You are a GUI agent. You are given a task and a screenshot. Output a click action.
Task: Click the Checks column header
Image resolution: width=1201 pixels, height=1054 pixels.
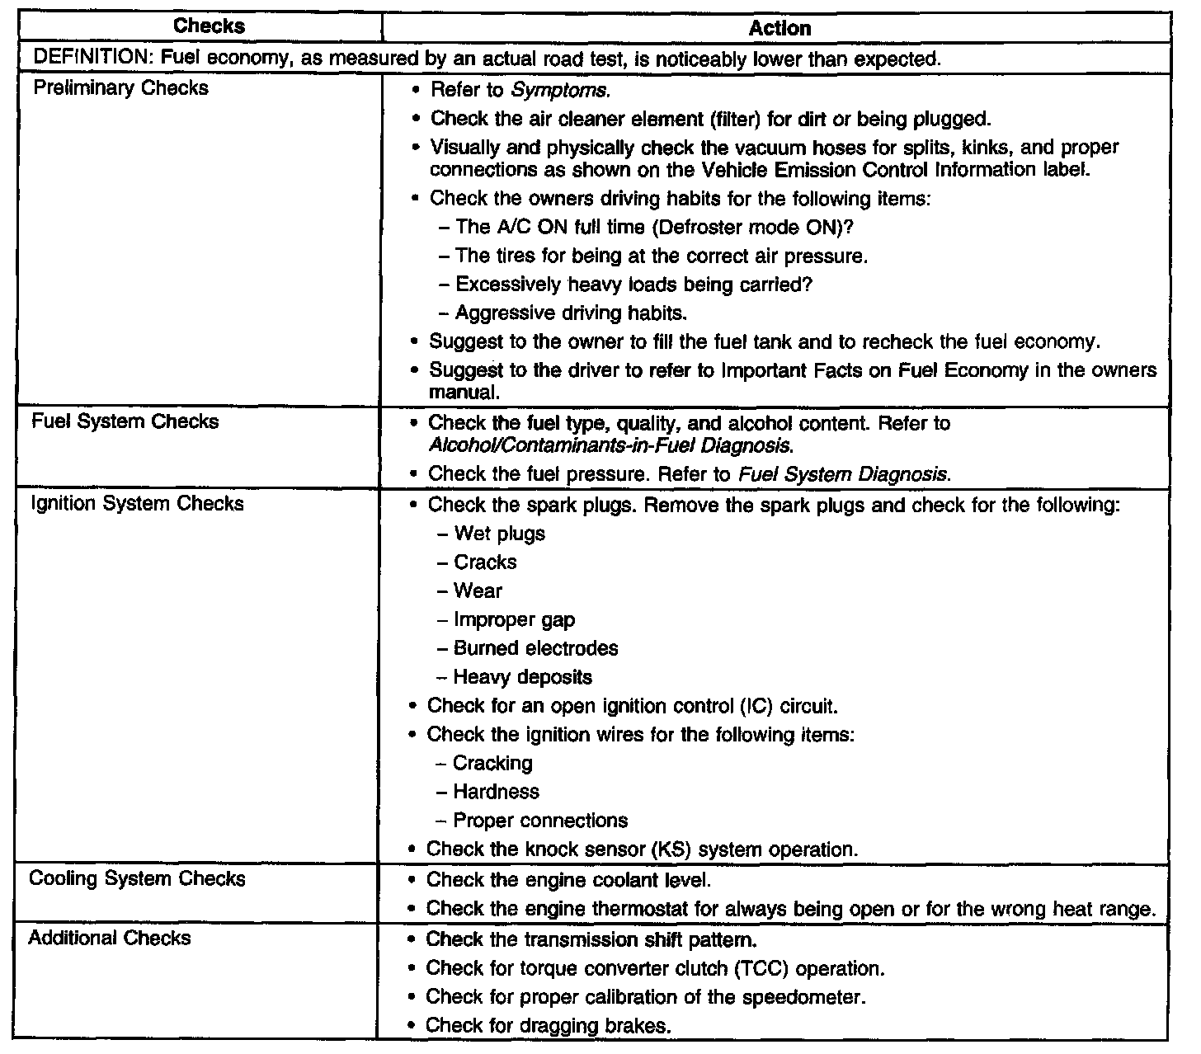pos(210,26)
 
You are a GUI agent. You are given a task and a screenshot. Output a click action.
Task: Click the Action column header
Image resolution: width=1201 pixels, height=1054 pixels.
pos(779,28)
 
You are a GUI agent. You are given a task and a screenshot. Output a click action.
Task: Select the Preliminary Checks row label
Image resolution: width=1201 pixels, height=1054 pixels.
pos(120,88)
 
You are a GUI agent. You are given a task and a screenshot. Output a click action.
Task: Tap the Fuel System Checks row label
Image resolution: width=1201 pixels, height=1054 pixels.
pos(125,421)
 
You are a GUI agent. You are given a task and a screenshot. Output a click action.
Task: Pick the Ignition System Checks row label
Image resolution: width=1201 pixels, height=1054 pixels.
pos(137,503)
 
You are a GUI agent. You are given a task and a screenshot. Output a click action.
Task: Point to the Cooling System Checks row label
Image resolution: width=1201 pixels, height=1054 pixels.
pos(137,878)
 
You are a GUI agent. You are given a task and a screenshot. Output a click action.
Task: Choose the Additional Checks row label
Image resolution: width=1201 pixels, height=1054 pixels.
pos(110,938)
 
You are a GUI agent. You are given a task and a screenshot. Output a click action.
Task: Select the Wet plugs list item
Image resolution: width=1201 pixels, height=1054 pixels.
pos(499,534)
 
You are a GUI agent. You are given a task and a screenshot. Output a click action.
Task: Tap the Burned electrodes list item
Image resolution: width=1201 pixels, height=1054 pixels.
pos(535,648)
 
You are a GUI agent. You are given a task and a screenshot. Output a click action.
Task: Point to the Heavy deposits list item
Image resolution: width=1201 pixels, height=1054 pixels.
pos(522,677)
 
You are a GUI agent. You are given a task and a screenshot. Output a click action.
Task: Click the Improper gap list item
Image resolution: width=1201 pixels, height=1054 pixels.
pos(514,619)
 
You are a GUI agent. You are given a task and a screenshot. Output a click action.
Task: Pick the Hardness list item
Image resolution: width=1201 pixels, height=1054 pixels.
pos(496,792)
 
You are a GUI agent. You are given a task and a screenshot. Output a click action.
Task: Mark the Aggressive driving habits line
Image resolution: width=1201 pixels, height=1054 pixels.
pos(571,313)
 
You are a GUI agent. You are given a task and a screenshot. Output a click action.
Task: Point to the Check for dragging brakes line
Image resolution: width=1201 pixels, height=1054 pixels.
pos(549,1026)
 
